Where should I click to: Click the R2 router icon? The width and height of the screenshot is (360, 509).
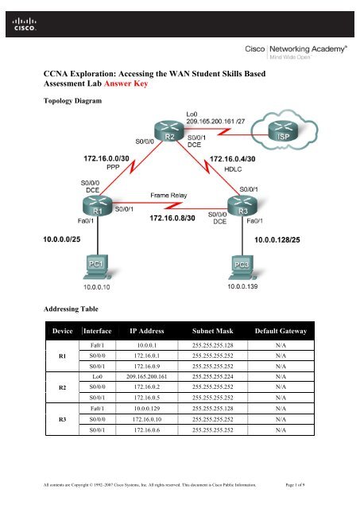tap(169, 130)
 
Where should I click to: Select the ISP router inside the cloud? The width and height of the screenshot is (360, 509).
tap(282, 130)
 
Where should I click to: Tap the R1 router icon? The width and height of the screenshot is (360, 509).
tap(97, 205)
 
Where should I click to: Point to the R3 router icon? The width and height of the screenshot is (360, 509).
tap(242, 206)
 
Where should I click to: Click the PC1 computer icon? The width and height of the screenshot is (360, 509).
tap(96, 267)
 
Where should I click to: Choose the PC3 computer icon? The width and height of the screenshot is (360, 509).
tap(242, 268)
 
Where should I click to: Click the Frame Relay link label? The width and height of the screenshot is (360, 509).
tap(168, 196)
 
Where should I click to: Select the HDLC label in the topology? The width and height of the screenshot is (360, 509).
tap(233, 169)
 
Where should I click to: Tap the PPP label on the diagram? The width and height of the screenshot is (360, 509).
tap(113, 167)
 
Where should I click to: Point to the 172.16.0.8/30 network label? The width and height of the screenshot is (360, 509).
tap(172, 218)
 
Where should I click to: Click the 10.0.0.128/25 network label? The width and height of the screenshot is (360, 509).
tap(277, 240)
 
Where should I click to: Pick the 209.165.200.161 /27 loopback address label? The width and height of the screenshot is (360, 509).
tap(215, 122)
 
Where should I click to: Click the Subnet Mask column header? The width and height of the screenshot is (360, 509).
tap(212, 331)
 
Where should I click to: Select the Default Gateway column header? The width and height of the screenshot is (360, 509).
tap(281, 331)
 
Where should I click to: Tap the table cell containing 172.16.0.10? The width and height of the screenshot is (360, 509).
tap(147, 419)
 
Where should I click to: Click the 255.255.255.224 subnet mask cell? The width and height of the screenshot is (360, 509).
tap(212, 377)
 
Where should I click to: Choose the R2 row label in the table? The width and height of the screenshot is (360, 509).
tap(62, 387)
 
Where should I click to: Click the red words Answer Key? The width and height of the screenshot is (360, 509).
tap(126, 84)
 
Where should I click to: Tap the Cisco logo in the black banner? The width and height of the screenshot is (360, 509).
tap(25, 24)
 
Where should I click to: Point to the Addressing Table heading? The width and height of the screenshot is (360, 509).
tap(71, 309)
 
